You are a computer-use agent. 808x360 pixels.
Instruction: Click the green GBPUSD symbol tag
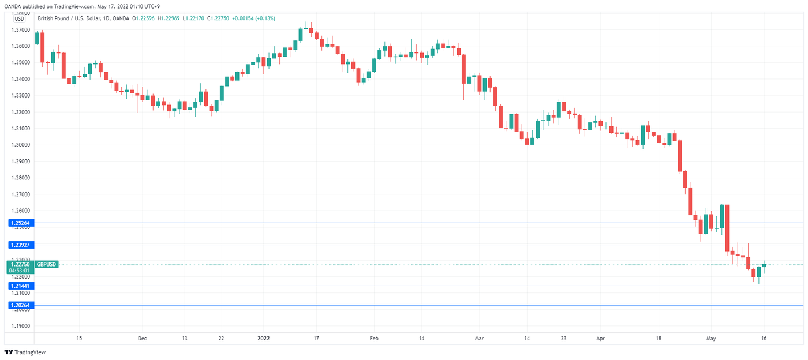click(x=46, y=264)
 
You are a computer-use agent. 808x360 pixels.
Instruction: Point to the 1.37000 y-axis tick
click(x=20, y=29)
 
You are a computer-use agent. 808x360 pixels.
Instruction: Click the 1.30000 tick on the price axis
click(x=20, y=145)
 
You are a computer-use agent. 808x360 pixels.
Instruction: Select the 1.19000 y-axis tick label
click(x=20, y=326)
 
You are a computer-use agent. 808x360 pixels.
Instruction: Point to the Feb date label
click(x=373, y=339)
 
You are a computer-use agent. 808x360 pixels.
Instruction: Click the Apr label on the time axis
click(x=601, y=339)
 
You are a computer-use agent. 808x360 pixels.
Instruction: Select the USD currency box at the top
click(x=19, y=18)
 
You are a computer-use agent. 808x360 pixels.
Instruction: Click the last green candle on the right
click(x=764, y=265)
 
